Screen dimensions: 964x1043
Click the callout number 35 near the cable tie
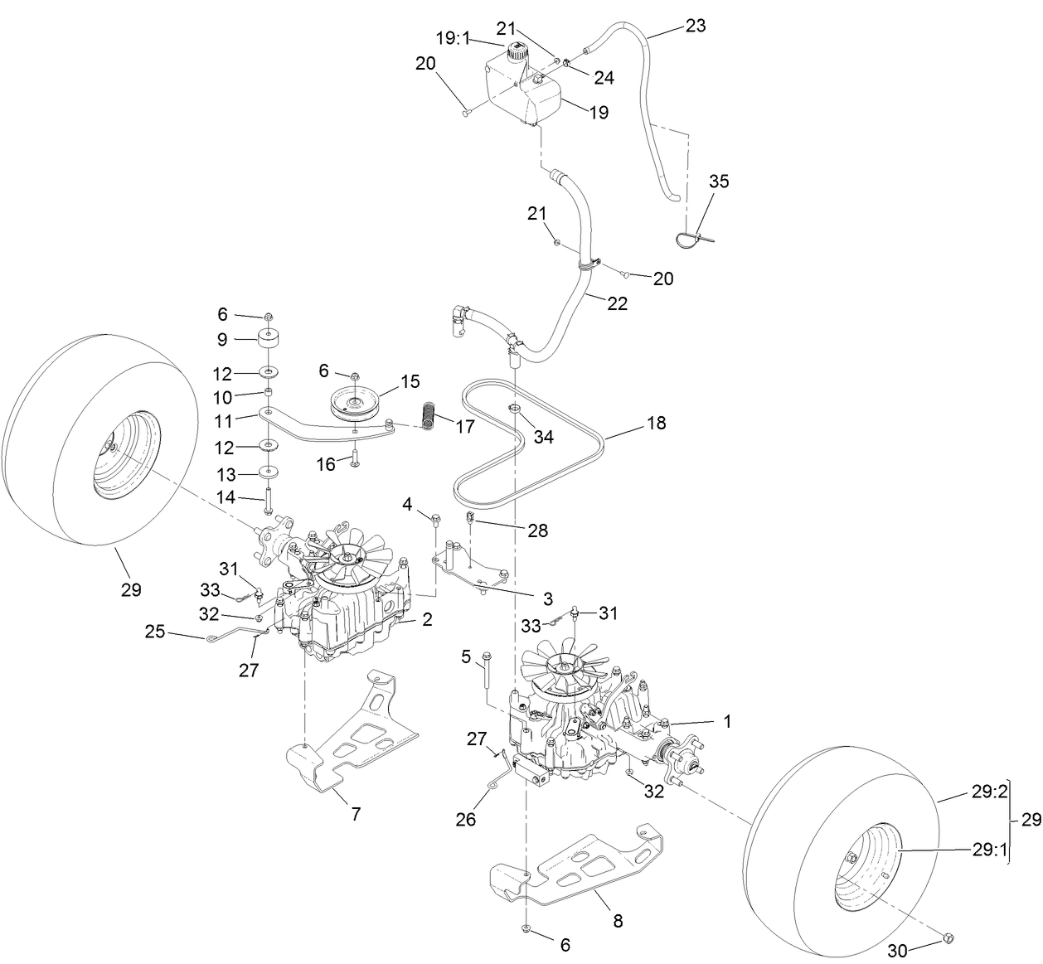pos(719,182)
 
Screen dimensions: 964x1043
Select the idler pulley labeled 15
pos(355,403)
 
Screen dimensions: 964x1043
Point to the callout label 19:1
pos(453,37)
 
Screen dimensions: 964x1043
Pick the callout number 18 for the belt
pos(657,423)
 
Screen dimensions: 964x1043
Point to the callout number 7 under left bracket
pos(356,814)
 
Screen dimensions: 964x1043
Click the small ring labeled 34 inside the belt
pos(514,409)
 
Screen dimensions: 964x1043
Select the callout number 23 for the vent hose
pos(695,26)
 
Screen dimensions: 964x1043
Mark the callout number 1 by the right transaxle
pos(727,721)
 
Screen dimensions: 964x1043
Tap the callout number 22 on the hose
pos(617,303)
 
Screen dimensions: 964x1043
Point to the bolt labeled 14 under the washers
pos(269,501)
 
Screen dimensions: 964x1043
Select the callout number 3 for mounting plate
pos(547,598)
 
